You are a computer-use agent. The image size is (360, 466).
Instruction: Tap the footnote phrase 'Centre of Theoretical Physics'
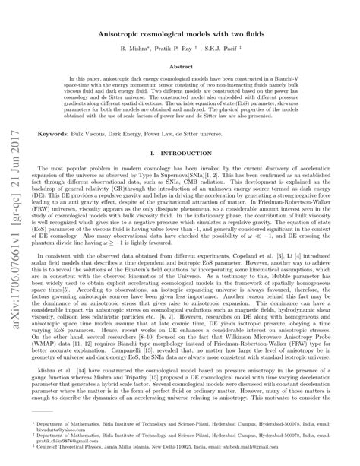pyautogui.click(x=76, y=452)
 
